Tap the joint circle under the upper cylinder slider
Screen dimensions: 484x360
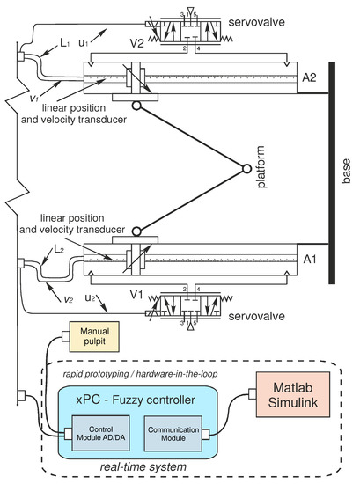pos(136,106)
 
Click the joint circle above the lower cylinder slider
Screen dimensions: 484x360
pos(136,231)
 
